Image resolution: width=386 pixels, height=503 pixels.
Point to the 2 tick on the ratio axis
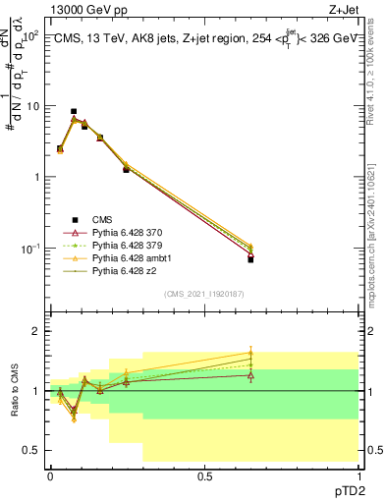[36, 332]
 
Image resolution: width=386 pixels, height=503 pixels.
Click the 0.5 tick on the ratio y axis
[32, 450]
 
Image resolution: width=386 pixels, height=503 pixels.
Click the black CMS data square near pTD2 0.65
[250, 259]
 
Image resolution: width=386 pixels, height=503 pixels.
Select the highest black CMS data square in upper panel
[73, 112]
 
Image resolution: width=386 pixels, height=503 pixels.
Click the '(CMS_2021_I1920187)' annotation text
[204, 294]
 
